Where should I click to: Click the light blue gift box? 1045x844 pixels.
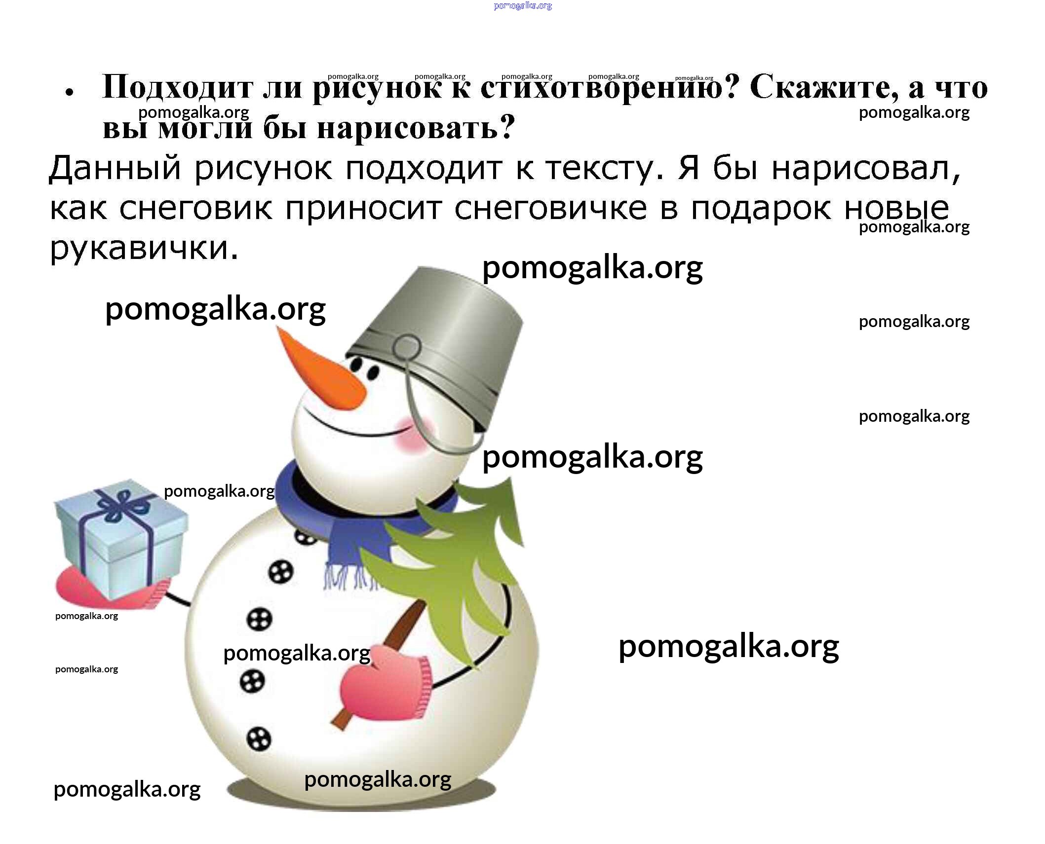121,540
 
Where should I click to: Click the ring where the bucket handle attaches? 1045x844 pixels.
407,348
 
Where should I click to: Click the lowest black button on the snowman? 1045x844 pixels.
259,739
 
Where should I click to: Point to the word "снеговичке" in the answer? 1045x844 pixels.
550,208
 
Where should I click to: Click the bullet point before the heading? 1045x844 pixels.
70,92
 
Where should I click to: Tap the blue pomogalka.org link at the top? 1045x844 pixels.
522,6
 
